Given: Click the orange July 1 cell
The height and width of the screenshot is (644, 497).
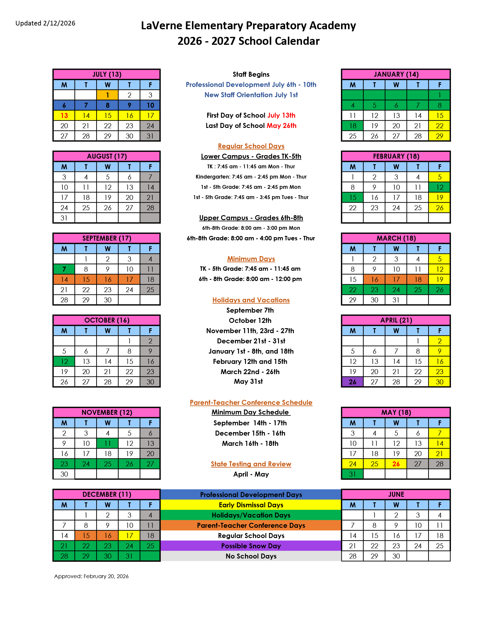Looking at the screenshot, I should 108,95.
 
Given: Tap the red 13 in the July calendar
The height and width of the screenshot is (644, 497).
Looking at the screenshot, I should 64,116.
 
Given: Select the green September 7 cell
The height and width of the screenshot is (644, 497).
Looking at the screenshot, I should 64,269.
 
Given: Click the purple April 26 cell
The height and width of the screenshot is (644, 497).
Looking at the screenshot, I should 353,382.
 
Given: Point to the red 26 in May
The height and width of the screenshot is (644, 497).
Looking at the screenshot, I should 396,464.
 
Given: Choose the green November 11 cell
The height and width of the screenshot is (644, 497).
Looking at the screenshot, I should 108,443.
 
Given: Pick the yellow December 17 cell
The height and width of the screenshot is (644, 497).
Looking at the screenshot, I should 129,535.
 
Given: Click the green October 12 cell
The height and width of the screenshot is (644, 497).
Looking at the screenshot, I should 64,362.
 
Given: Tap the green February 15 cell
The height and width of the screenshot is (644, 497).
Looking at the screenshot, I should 353,198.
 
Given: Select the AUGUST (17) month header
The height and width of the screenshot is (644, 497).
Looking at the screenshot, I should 107,156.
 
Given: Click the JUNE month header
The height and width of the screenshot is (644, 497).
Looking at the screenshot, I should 396,494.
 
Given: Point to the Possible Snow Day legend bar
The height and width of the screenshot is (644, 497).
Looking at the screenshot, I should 251,546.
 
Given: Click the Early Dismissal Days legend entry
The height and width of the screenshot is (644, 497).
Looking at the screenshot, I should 251,505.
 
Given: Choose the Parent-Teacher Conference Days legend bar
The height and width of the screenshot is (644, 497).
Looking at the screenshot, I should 251,525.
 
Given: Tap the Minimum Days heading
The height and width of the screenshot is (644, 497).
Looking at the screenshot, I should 251,258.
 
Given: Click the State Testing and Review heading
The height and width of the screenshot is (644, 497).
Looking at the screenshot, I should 251,464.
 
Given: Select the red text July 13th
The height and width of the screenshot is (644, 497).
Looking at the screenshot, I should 281,115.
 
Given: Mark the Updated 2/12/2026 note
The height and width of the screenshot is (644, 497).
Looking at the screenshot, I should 45,23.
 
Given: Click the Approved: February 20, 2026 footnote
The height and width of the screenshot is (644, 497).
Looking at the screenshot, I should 91,576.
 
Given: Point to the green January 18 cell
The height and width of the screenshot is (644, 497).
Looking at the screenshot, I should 353,126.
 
